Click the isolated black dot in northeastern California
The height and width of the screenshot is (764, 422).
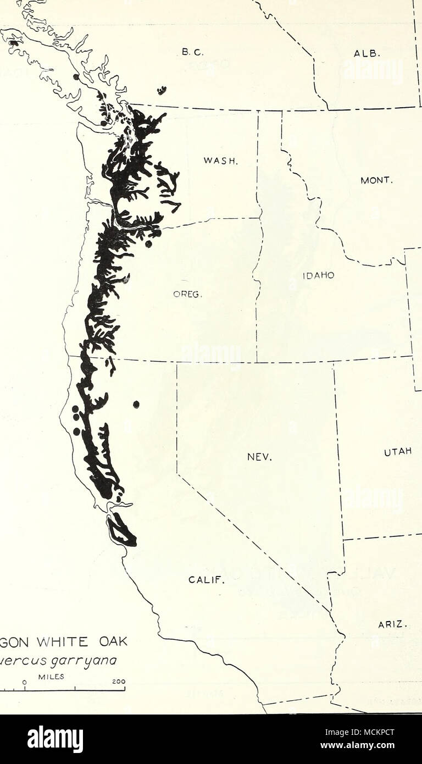pos(136,405)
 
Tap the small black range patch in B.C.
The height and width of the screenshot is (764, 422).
pos(162,90)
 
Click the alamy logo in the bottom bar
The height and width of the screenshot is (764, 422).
pos(55,739)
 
